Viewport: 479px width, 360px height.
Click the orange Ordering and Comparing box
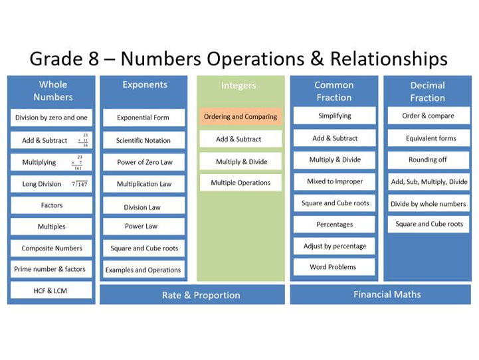click(240, 117)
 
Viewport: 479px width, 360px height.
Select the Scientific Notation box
click(144, 140)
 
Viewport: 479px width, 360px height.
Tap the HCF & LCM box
click(50, 290)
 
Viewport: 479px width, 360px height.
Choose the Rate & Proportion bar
click(192, 295)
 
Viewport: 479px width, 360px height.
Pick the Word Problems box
click(334, 267)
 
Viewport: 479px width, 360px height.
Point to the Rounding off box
click(428, 160)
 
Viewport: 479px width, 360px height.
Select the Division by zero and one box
click(50, 118)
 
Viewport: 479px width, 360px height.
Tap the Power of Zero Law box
click(144, 161)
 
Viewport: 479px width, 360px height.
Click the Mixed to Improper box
click(334, 181)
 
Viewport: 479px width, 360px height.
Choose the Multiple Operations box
click(240, 183)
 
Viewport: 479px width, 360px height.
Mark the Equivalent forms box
click(428, 139)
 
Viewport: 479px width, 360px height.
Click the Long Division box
click(50, 184)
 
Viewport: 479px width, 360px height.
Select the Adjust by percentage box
click(334, 246)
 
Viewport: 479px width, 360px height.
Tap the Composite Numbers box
click(50, 248)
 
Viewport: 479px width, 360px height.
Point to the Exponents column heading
click(144, 85)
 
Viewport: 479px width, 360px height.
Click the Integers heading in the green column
click(239, 86)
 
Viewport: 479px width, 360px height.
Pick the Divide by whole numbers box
click(428, 203)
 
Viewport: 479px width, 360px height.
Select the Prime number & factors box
click(50, 269)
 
